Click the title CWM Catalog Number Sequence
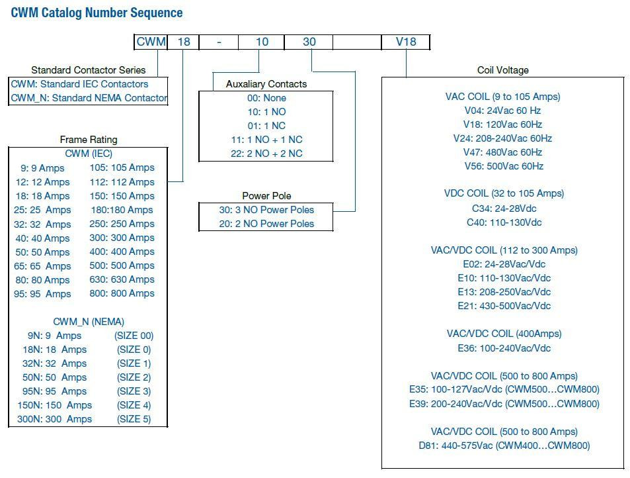[x=97, y=13]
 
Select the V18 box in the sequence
[x=406, y=42]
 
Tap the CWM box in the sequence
[x=151, y=42]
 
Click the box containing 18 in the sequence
[x=184, y=42]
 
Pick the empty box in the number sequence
[x=357, y=42]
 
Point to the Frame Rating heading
[x=89, y=140]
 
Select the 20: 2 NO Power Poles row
[x=266, y=224]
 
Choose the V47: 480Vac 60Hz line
[x=502, y=152]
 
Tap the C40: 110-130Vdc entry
[x=504, y=222]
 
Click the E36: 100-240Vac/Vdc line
[x=504, y=348]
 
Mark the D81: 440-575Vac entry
[x=504, y=446]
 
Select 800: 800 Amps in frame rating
[x=122, y=293]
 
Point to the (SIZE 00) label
[x=134, y=336]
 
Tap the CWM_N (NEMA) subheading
[x=89, y=322]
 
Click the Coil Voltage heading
[x=502, y=70]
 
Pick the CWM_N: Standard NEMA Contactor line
[x=89, y=99]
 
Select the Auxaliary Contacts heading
[x=266, y=84]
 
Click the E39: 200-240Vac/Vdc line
[x=504, y=404]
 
